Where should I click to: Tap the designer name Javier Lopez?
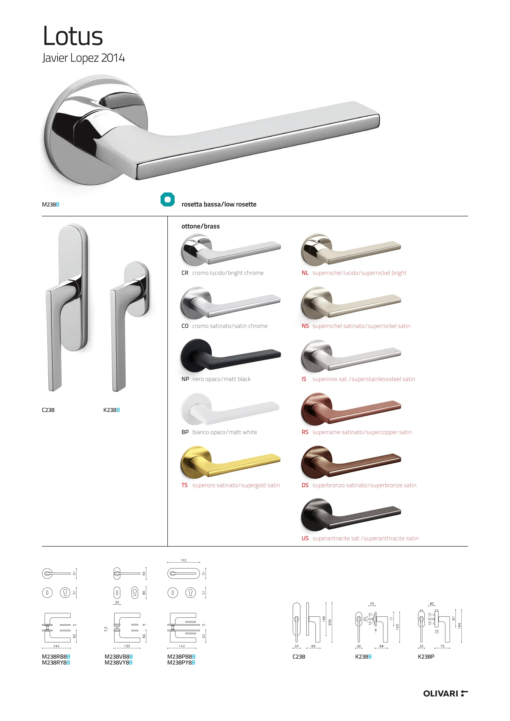[71, 58]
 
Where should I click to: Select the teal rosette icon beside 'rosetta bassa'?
[167, 199]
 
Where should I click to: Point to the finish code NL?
[305, 273]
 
